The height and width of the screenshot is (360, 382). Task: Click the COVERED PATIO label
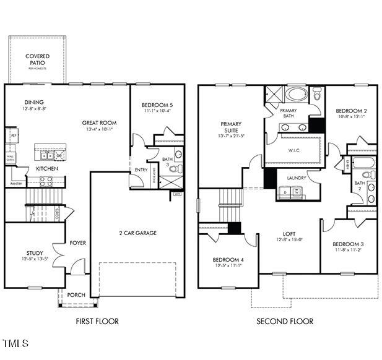(x=37, y=59)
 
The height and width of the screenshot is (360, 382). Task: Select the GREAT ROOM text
(x=99, y=123)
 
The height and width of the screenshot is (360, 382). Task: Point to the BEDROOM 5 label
(x=157, y=105)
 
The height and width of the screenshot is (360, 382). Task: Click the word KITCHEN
(x=47, y=168)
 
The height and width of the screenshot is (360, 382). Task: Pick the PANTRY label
(x=15, y=183)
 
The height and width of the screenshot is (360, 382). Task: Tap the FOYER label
(x=77, y=242)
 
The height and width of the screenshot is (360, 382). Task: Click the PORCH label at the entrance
(x=76, y=295)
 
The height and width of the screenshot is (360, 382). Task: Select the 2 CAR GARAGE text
(x=137, y=233)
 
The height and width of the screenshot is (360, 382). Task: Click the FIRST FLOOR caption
(x=97, y=321)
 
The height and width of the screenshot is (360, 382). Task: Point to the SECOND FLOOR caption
(x=284, y=321)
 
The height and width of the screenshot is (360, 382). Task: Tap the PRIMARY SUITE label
(x=230, y=127)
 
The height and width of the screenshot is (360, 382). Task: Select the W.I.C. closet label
(x=295, y=150)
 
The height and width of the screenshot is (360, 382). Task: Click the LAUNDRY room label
(x=297, y=178)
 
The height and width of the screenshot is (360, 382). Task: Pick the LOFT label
(x=289, y=234)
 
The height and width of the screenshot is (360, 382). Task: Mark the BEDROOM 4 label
(x=228, y=259)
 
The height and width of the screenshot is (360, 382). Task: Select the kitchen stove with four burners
(x=47, y=181)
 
